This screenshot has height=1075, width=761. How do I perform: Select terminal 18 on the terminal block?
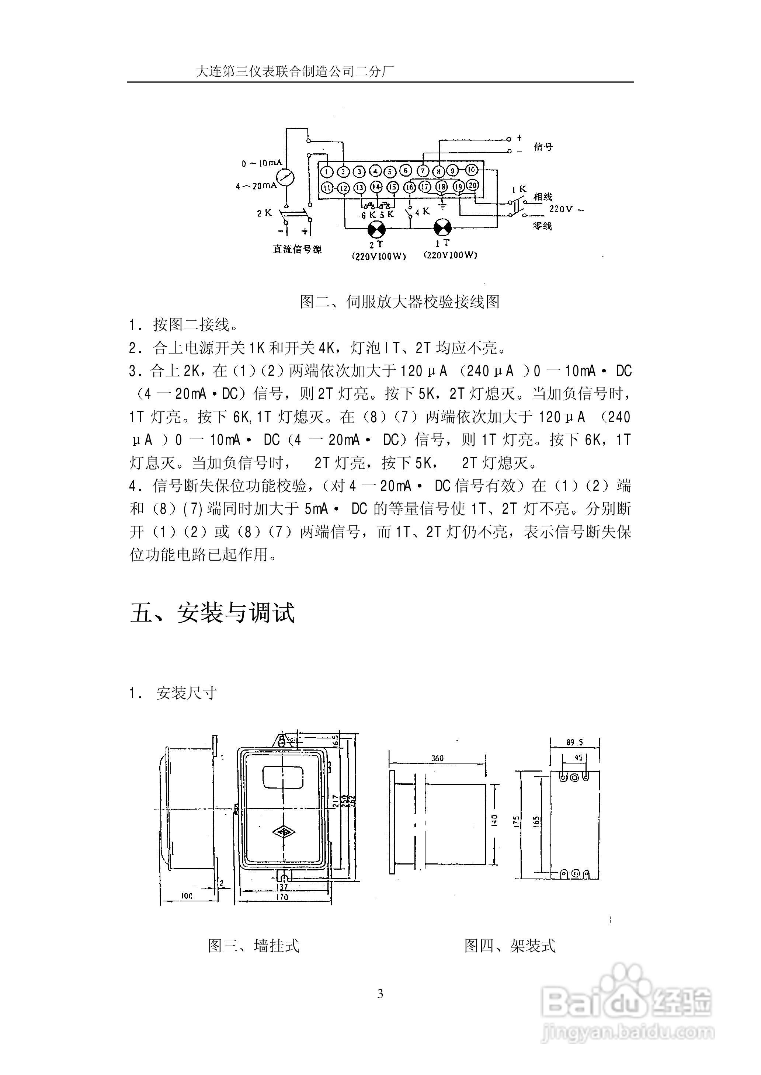tap(441, 187)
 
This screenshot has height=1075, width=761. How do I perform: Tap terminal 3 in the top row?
tap(359, 171)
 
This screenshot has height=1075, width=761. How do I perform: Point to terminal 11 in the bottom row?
tap(327, 188)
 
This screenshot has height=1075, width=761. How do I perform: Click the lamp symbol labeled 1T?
tap(442, 228)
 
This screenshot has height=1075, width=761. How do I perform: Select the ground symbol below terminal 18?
tap(442, 205)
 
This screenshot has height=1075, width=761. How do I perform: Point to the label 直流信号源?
tap(298, 249)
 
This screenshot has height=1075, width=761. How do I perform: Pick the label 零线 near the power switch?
tap(542, 226)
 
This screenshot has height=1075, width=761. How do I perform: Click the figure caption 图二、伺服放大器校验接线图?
tap(400, 302)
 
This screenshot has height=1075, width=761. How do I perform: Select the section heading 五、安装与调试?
tap(213, 613)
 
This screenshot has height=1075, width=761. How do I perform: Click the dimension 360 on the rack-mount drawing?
tap(437, 758)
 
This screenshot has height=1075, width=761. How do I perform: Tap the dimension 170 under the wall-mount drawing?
tap(282, 897)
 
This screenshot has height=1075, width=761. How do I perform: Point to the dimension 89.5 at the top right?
tap(574, 742)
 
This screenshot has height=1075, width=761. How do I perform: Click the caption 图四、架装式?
tap(510, 946)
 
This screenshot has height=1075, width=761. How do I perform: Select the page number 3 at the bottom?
tap(380, 994)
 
